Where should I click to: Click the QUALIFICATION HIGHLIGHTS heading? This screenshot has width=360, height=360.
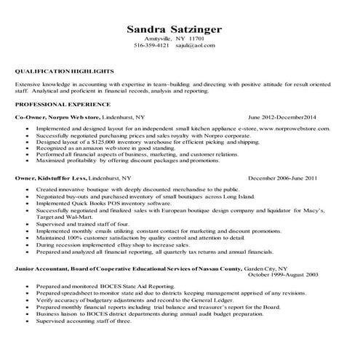click(65, 72)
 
